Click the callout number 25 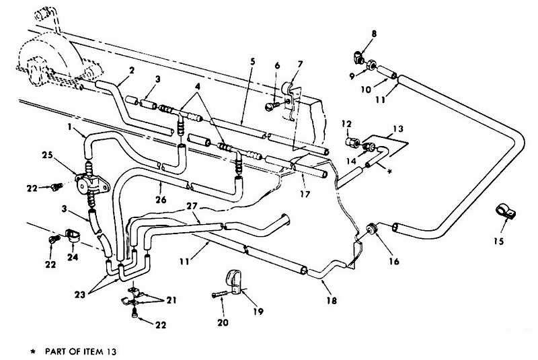coord(47,155)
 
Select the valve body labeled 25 coord(91,184)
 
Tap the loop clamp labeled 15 coord(506,212)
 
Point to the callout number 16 coord(394,262)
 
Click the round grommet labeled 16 coord(372,229)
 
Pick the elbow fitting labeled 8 coord(358,57)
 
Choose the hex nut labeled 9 coord(372,65)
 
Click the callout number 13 coord(398,129)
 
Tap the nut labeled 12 coord(353,142)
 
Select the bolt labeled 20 coord(221,295)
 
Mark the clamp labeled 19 coord(234,283)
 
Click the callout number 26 coord(161,199)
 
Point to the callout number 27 coord(192,207)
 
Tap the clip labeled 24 coord(73,236)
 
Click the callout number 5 coord(253,62)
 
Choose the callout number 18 coord(331,301)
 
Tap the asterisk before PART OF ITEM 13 coord(33,351)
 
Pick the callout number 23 coord(80,294)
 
